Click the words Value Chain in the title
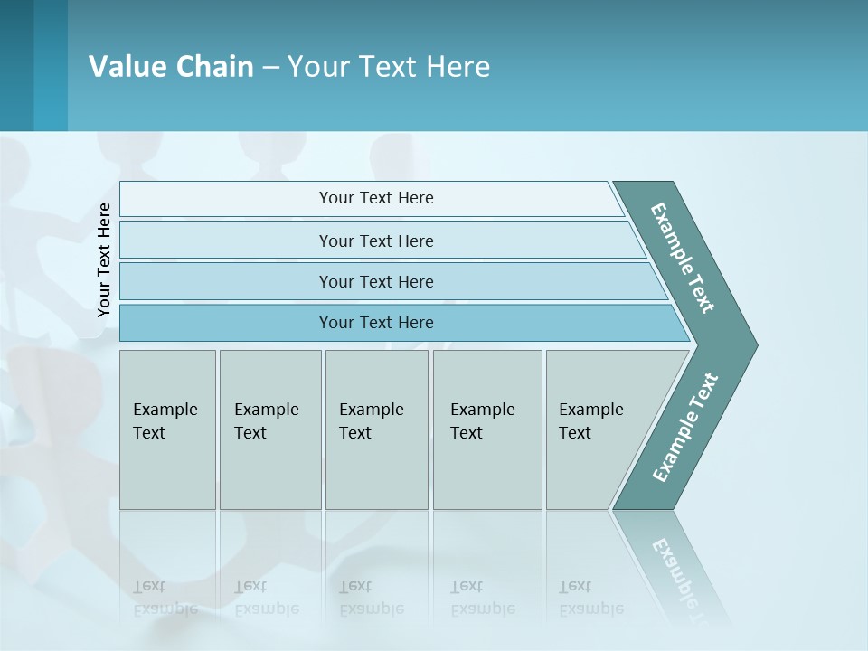point(171,66)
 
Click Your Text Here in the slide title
point(389,66)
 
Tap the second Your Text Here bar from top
point(375,241)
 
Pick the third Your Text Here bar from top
point(375,281)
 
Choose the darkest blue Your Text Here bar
point(375,323)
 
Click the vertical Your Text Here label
point(104,260)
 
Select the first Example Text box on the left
point(167,429)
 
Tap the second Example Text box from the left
point(269,429)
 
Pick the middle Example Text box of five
point(376,429)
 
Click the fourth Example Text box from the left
point(486,429)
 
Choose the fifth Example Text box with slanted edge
point(601,429)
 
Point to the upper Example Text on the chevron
point(684,258)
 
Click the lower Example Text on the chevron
point(684,427)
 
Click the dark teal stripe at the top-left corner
point(16,65)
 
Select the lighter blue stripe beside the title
point(51,65)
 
